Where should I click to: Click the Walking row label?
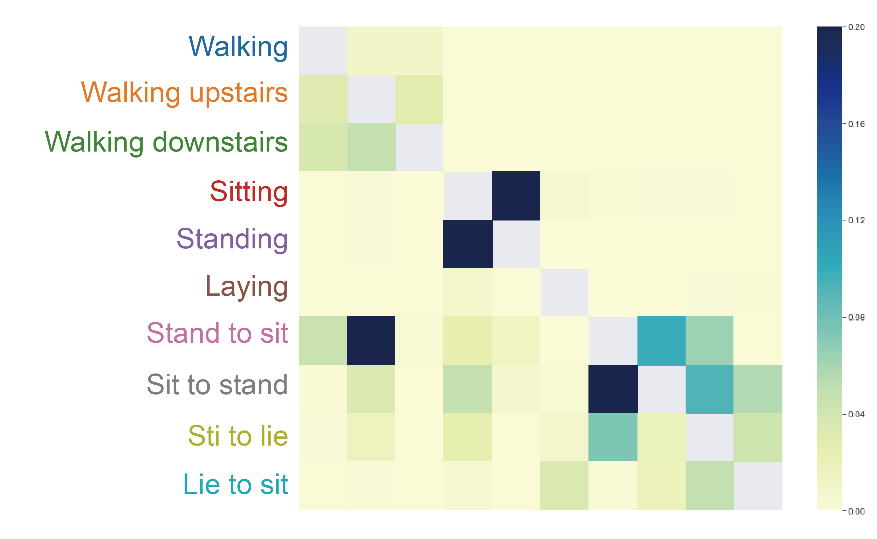pyautogui.click(x=238, y=47)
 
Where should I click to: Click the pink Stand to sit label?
pyautogui.click(x=217, y=333)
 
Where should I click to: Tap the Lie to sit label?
pyautogui.click(x=236, y=485)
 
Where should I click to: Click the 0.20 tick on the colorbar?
pyautogui.click(x=856, y=27)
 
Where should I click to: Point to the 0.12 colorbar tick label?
pyautogui.click(x=856, y=220)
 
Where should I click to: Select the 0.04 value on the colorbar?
pyautogui.click(x=856, y=414)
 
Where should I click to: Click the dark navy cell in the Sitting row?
pyautogui.click(x=516, y=195)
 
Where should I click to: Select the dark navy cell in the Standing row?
pyautogui.click(x=468, y=244)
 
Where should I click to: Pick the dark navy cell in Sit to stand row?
pyautogui.click(x=613, y=389)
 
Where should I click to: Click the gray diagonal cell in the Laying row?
pyautogui.click(x=565, y=292)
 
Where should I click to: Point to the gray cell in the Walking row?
pyautogui.click(x=323, y=51)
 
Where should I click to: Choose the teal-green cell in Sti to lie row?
pyautogui.click(x=613, y=437)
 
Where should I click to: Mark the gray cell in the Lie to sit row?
pyautogui.click(x=758, y=485)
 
